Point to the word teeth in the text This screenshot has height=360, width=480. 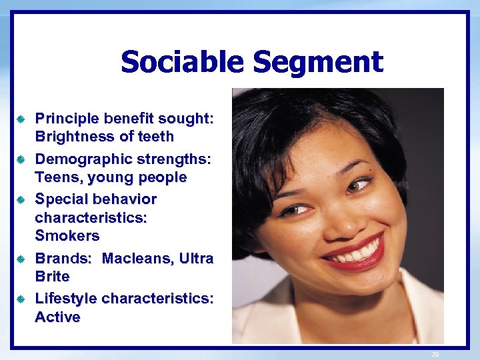pos(155,137)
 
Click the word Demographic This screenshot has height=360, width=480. pos(81,160)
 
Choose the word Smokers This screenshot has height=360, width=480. pos(67,236)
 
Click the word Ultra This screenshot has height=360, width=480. pos(197,259)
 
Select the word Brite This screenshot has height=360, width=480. pos(52,276)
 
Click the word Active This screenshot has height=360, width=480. pos(57,317)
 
